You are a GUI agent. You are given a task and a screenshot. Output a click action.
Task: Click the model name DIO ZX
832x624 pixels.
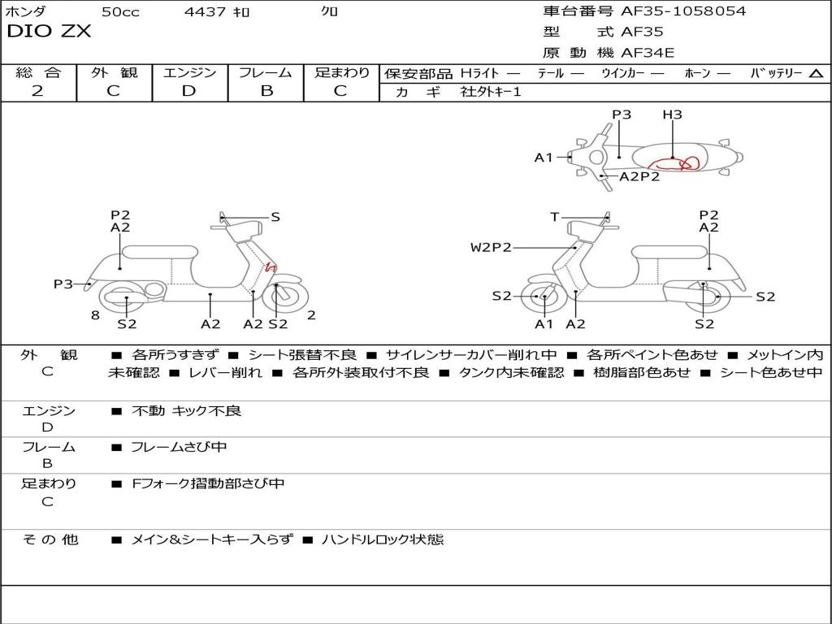click(49, 32)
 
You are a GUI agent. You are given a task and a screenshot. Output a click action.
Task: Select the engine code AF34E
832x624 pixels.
click(648, 54)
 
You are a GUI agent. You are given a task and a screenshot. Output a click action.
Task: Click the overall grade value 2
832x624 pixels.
click(37, 91)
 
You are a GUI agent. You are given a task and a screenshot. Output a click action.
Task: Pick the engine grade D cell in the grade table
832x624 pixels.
click(189, 91)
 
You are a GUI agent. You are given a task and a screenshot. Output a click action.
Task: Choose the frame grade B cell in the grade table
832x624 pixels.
click(266, 91)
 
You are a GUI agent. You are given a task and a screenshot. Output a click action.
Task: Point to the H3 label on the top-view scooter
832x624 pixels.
click(672, 115)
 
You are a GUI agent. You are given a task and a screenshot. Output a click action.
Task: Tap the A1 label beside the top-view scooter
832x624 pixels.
click(544, 158)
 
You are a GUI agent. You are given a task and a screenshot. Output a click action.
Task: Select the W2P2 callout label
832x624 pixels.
click(491, 248)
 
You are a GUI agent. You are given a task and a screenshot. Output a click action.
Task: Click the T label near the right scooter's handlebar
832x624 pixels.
click(554, 217)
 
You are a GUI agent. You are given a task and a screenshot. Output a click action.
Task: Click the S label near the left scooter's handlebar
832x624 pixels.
click(275, 217)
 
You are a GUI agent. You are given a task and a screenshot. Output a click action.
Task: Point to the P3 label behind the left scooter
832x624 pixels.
click(63, 284)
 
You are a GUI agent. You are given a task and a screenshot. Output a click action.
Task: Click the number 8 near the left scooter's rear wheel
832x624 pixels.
click(95, 314)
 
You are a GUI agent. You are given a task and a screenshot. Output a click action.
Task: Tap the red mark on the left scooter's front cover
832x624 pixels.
click(271, 267)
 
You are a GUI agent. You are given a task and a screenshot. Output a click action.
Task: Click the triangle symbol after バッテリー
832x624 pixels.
click(816, 73)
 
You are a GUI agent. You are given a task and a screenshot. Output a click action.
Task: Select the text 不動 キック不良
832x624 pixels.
click(186, 411)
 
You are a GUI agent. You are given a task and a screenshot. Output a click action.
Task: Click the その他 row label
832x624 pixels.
click(50, 539)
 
